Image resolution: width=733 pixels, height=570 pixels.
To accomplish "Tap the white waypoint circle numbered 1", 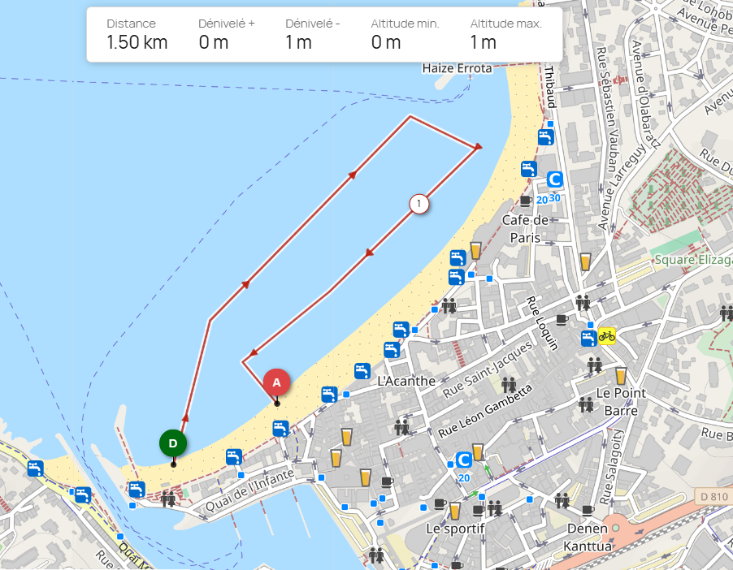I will (x=419, y=203).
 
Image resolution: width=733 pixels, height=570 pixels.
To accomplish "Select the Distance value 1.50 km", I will (x=137, y=43).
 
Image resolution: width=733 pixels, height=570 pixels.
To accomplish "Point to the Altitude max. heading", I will (x=505, y=24).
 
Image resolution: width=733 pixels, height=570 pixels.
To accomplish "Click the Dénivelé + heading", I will (x=227, y=24).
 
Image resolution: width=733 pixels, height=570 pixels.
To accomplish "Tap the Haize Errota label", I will (x=458, y=69).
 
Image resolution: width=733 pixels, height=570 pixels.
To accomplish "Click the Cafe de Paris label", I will (x=525, y=228).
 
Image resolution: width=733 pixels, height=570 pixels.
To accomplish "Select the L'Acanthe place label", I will (x=406, y=381).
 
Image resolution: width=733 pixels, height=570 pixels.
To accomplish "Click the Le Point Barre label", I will (x=621, y=402).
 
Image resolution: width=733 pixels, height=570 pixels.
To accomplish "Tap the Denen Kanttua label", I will (x=588, y=537).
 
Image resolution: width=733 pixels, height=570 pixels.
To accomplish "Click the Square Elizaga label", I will (x=693, y=260).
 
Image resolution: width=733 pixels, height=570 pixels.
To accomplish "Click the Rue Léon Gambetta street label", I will (x=484, y=409).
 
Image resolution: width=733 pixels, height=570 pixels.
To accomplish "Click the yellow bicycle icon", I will (x=606, y=335).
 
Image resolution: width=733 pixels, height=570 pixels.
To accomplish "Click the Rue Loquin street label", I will (x=543, y=322).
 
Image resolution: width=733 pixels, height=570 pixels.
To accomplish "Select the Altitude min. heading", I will (x=405, y=24).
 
